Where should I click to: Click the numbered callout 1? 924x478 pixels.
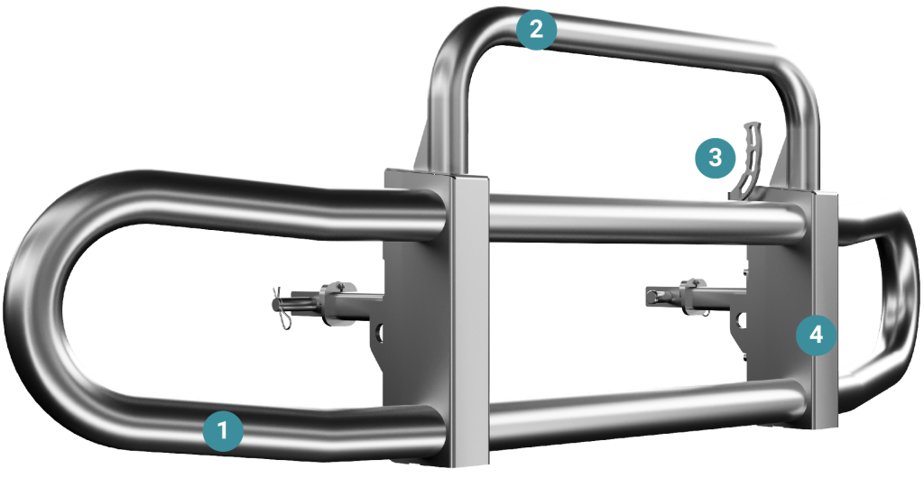coord(223,431)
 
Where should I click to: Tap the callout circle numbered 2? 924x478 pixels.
coord(536,30)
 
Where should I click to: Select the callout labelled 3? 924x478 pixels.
coord(715,158)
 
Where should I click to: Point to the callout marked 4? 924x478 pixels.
coord(816,335)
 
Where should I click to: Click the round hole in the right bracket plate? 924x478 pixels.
coord(741,320)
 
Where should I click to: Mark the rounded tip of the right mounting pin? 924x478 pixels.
coord(650,295)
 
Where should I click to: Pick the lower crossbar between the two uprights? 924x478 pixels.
coord(646,409)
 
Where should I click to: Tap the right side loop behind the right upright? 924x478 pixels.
coord(884,306)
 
